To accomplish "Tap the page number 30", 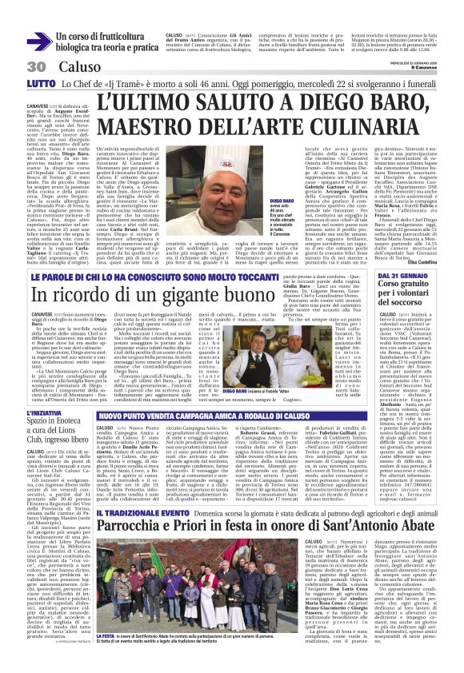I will tap(14, 66).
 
